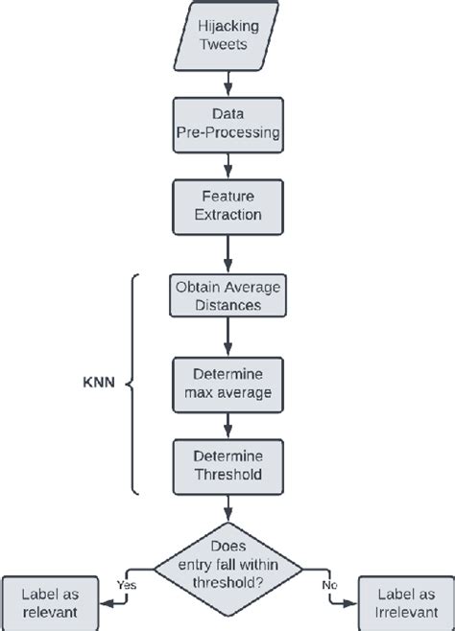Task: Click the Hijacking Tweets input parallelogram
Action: coord(227,35)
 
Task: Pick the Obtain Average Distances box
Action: coord(227,296)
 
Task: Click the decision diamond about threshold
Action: coord(227,569)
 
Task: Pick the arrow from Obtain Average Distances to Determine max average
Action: coord(227,338)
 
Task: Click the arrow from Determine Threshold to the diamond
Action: coord(227,508)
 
